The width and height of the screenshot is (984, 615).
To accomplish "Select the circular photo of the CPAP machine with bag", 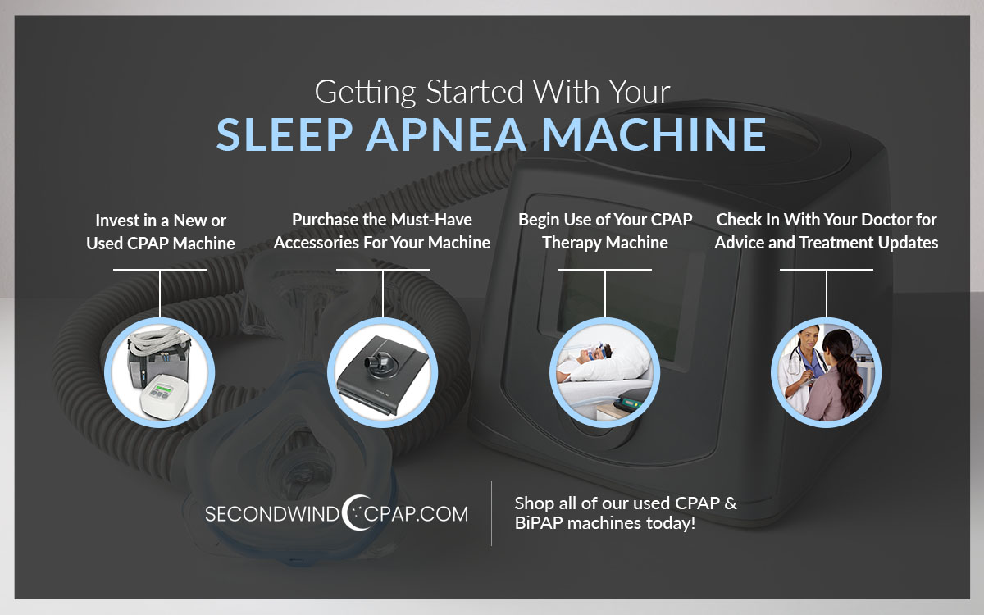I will pyautogui.click(x=161, y=370).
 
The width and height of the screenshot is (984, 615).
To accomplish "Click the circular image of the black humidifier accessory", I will pyautogui.click(x=381, y=370).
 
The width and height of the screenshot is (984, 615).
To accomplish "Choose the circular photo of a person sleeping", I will pyautogui.click(x=604, y=370).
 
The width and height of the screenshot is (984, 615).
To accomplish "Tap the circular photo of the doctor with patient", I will pyautogui.click(x=826, y=370).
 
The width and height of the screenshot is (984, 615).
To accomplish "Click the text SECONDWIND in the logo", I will pyautogui.click(x=271, y=515).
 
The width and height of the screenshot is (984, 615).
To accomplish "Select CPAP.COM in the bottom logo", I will pyautogui.click(x=418, y=515).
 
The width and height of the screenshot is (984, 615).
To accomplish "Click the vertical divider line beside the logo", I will pyautogui.click(x=491, y=512).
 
